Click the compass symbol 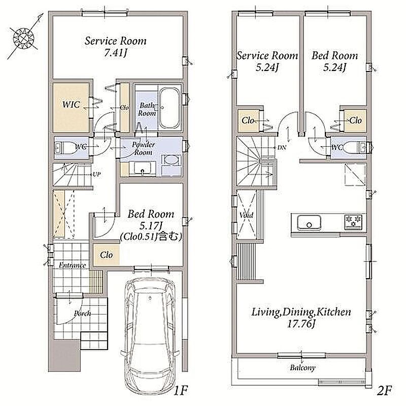(24, 37)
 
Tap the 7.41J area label (116, 53)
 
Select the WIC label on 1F (71, 105)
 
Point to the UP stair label (96, 174)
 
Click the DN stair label (282, 148)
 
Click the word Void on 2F (246, 215)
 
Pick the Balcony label (302, 367)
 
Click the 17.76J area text (301, 324)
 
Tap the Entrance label (72, 265)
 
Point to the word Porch (82, 314)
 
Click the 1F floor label (180, 390)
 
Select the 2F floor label (385, 390)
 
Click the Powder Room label (143, 148)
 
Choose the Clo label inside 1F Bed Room (107, 255)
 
